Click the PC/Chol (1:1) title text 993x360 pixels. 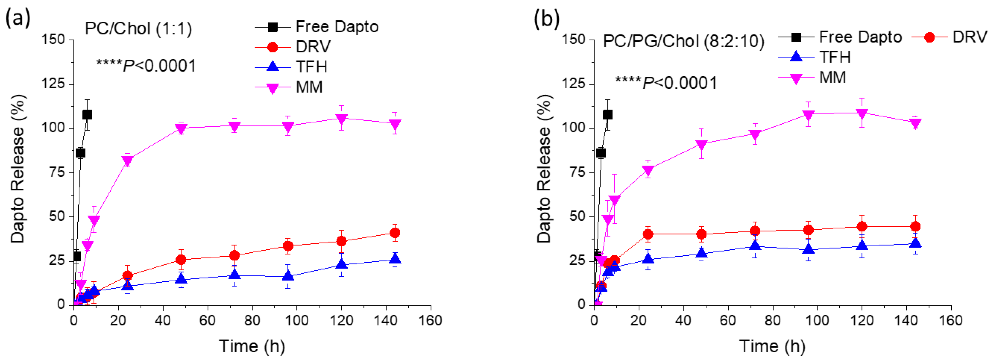pos(138,28)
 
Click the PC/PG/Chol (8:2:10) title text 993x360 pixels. pos(683,41)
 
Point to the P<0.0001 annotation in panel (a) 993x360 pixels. pos(147,66)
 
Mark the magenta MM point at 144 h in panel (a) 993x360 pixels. pos(395,124)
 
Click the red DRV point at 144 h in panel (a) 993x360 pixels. pos(395,233)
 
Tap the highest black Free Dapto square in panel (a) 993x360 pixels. pos(87,115)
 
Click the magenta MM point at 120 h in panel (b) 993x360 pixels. pos(862,113)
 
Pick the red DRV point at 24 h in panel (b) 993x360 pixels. pos(648,234)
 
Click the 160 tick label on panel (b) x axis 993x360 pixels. pos(951,321)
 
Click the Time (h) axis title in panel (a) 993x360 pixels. pos(252,346)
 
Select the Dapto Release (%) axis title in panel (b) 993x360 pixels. pos(544,169)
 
